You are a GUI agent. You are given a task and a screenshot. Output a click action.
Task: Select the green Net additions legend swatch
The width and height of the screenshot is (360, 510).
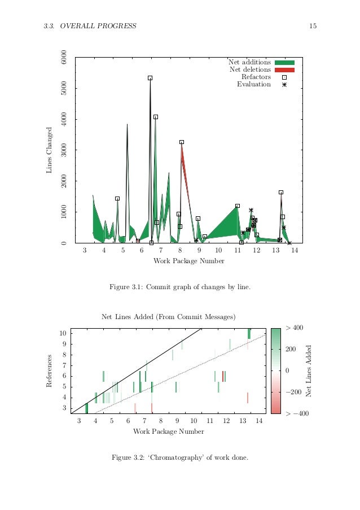(285, 62)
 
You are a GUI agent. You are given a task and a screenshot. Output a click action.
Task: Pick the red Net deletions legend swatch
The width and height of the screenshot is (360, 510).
(285, 69)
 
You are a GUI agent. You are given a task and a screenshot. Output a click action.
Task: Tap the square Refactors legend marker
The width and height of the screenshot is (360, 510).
(284, 77)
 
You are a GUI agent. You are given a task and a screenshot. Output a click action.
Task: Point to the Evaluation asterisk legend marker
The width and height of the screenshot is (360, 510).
(284, 85)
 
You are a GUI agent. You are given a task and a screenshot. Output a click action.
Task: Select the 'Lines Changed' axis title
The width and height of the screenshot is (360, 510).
(50, 150)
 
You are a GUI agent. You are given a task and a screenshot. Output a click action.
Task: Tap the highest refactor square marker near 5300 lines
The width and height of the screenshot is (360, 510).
(150, 78)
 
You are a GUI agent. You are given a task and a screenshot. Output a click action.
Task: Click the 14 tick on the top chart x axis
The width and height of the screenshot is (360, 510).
(295, 250)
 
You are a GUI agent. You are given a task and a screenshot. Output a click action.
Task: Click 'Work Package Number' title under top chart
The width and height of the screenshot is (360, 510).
(188, 261)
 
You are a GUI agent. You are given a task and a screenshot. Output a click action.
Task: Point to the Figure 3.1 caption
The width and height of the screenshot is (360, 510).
(179, 287)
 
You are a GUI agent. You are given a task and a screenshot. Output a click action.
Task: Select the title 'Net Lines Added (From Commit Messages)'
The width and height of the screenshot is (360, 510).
(168, 317)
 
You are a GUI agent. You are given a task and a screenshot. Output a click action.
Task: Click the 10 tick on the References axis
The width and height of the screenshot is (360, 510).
(63, 333)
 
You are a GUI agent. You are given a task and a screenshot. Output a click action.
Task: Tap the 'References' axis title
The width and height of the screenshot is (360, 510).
(50, 370)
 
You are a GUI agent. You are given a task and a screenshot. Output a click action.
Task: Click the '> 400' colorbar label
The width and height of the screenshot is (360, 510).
(295, 328)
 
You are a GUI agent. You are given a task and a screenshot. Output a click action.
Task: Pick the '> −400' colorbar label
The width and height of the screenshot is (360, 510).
(297, 414)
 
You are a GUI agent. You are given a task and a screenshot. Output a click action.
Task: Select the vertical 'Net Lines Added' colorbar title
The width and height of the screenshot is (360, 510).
(308, 370)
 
